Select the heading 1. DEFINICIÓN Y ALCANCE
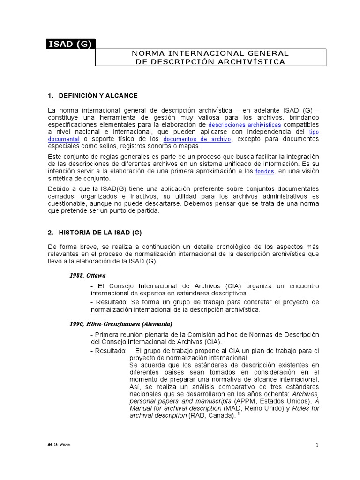click(x=93, y=96)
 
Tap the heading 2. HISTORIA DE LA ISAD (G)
click(x=94, y=233)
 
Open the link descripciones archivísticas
click(x=245, y=125)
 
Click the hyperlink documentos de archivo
click(x=197, y=140)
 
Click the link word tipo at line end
click(x=314, y=132)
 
